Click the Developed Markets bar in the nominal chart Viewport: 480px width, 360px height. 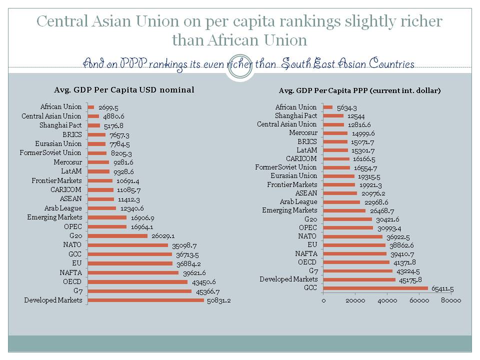pyautogui.click(x=145, y=300)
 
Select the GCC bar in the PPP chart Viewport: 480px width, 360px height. pyautogui.click(x=375, y=288)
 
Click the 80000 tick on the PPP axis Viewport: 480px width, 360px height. pyautogui.click(x=450, y=300)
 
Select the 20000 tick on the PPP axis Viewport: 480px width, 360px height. pyautogui.click(x=355, y=300)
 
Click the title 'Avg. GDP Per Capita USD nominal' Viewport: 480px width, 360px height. pyautogui.click(x=124, y=90)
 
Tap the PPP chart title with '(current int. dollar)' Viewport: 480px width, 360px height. pyautogui.click(x=359, y=90)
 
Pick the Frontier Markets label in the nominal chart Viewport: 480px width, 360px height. pyautogui.click(x=56, y=180)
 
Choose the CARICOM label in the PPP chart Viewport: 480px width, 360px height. pyautogui.click(x=301, y=158)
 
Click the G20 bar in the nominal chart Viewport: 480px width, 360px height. pyautogui.click(x=117, y=236)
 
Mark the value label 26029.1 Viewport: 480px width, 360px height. pyautogui.click(x=163, y=236)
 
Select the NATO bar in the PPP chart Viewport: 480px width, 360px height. pyautogui.click(x=353, y=236)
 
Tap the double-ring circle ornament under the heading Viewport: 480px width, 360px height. pyautogui.click(x=240, y=66)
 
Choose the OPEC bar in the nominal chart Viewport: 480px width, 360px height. pyautogui.click(x=107, y=226)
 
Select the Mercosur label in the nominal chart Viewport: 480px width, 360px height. pyautogui.click(x=67, y=162)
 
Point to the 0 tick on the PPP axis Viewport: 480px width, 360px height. pyautogui.click(x=323, y=300)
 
